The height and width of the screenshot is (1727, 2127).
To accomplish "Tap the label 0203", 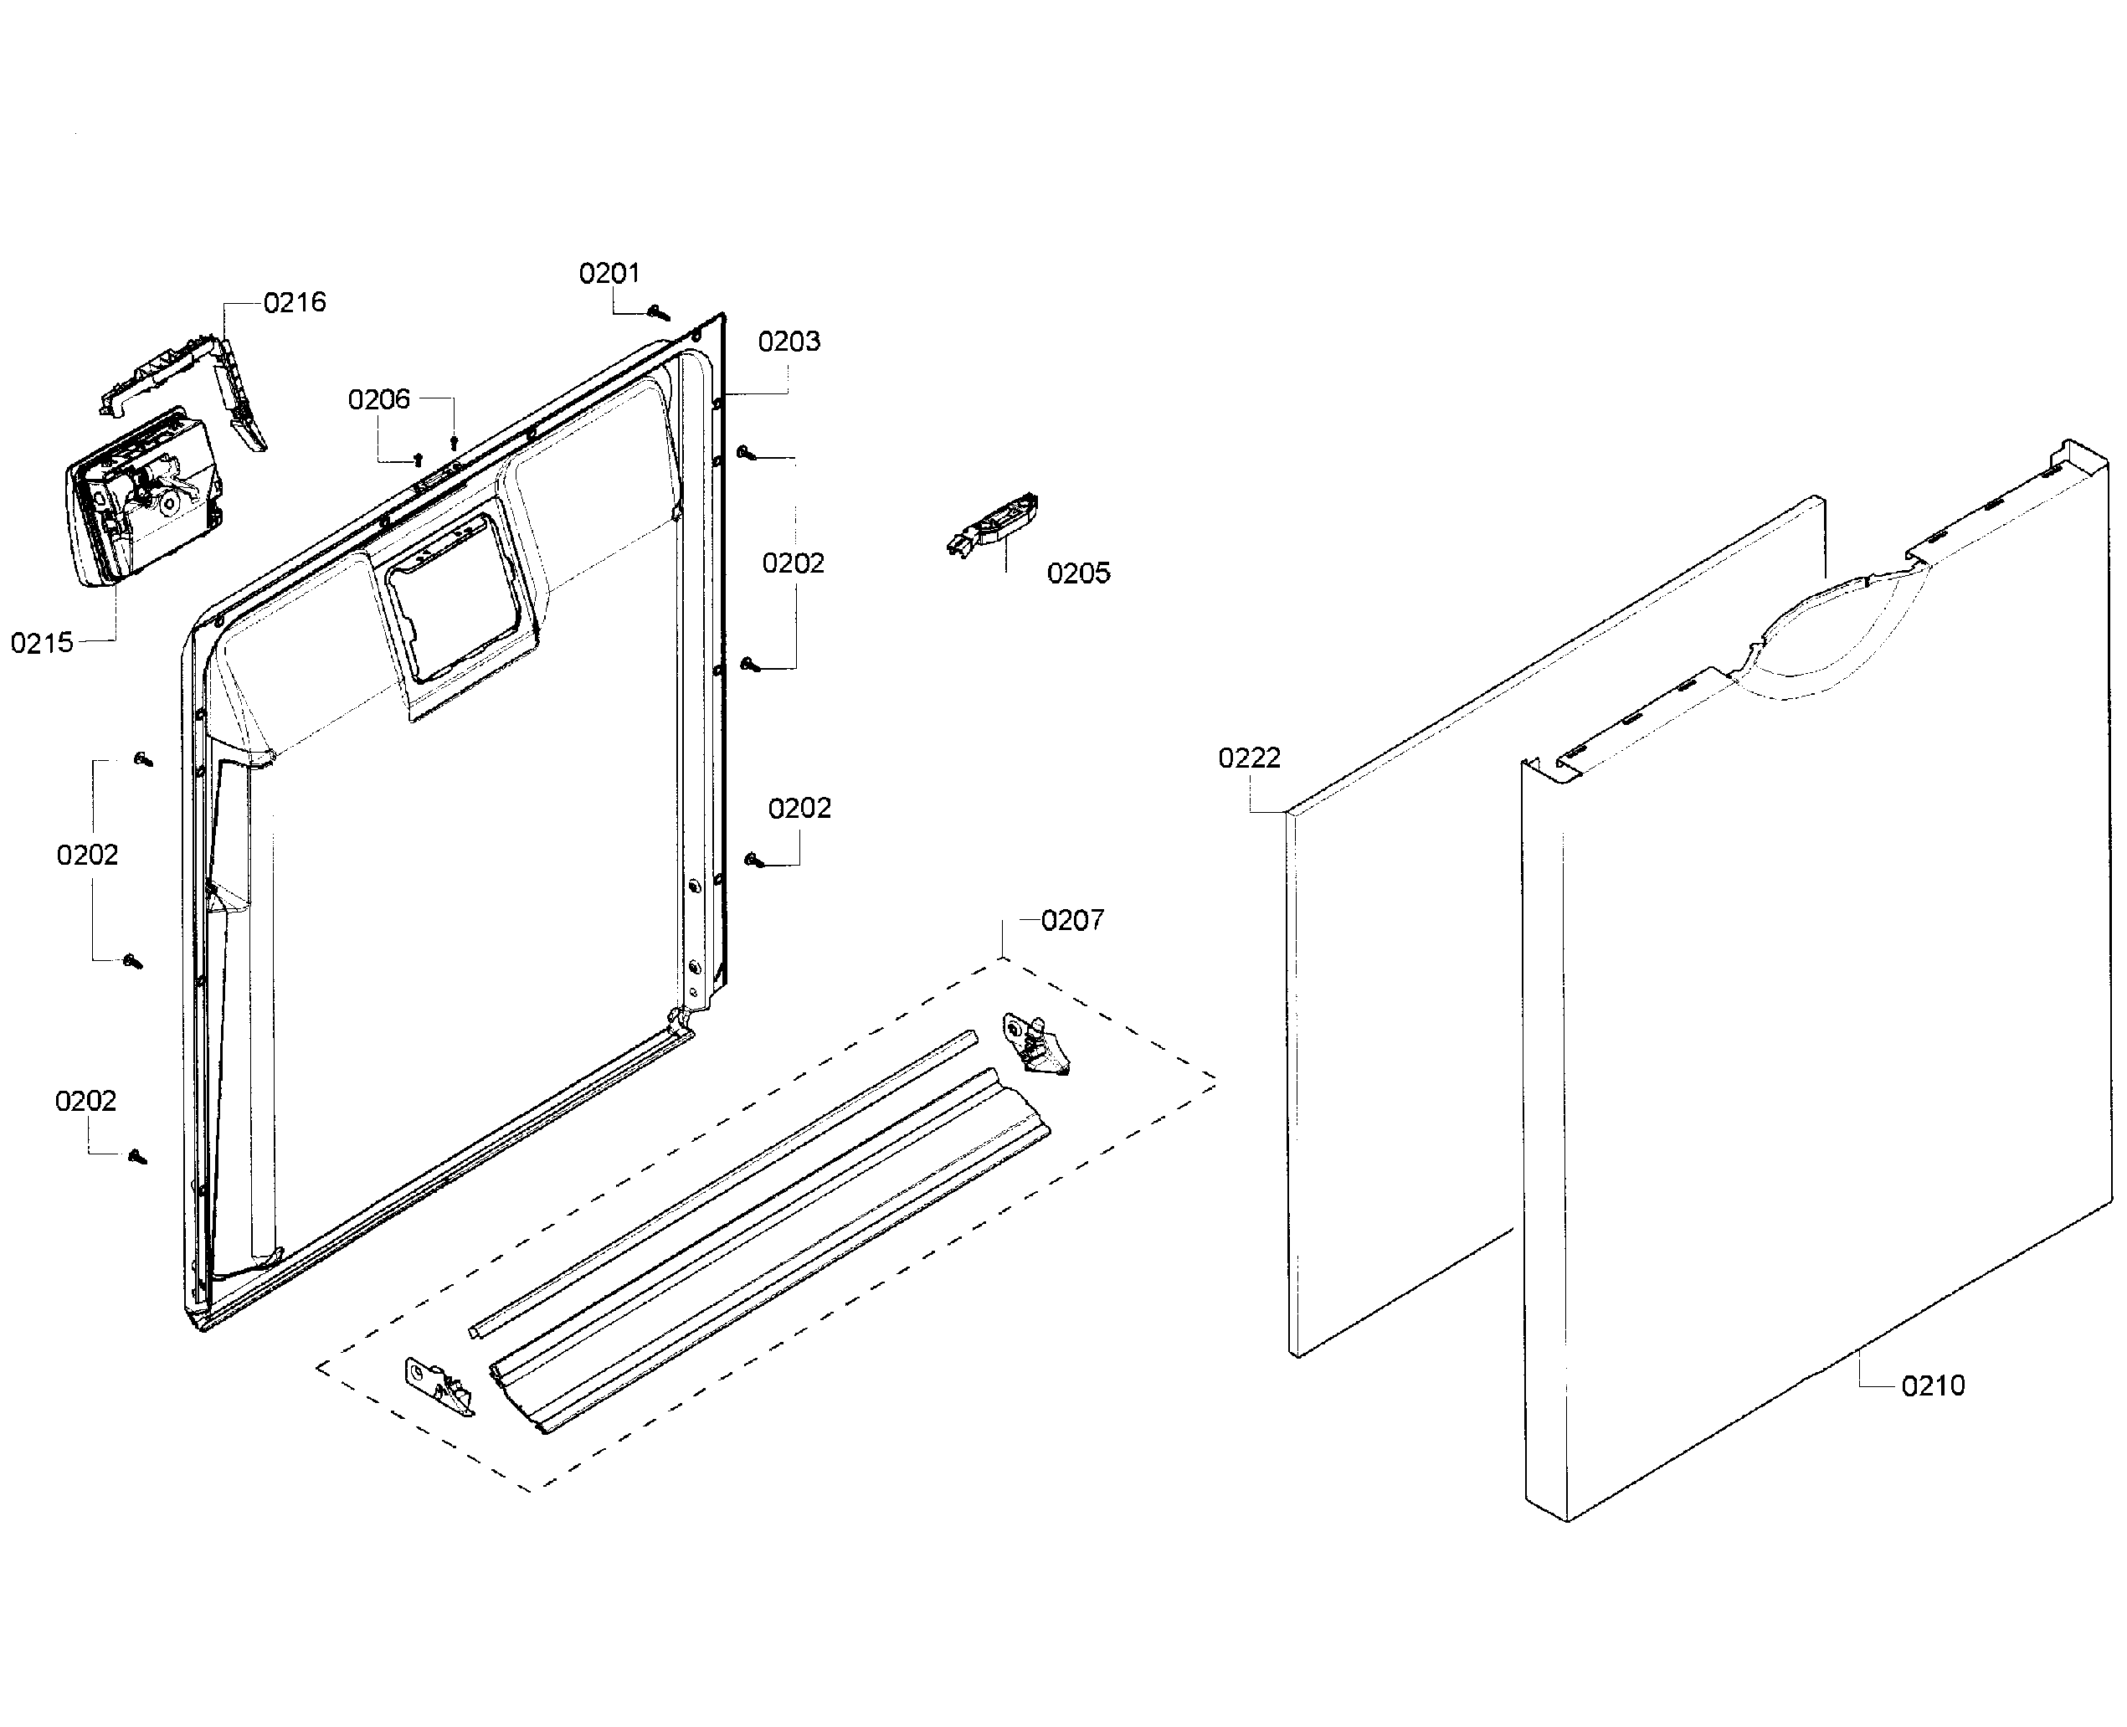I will point(789,342).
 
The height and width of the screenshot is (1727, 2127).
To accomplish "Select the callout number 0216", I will point(295,301).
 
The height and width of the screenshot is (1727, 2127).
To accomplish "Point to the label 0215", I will point(42,643).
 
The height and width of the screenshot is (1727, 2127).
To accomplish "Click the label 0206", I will point(379,399).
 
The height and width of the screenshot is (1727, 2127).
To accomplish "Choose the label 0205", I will point(1078,573).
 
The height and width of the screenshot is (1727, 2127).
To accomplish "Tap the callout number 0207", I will point(1072,920).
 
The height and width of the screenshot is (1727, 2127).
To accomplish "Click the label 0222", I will point(1250,758).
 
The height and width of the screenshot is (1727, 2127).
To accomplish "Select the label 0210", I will point(1933,1385).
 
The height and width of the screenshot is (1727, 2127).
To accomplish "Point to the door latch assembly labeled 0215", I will point(144,497).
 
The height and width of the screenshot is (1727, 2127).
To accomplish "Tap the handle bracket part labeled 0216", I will point(184,373).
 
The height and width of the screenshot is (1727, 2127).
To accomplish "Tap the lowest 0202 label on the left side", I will point(85,1100).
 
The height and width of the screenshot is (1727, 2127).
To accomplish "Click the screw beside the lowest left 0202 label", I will point(137,1156).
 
